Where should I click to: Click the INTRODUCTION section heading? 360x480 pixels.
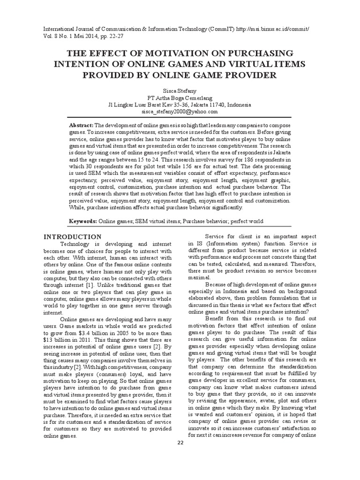coord(72,237)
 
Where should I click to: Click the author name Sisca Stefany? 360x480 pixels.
coord(180,90)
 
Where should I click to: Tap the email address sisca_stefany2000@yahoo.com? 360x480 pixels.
coord(180,112)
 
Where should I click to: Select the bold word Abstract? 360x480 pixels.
coord(81,126)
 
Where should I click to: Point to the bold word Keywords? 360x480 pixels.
coord(83,221)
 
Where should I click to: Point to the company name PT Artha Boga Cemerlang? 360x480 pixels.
coord(180,98)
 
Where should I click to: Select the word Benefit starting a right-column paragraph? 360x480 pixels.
coord(215,318)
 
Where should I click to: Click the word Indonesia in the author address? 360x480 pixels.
coord(239,105)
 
